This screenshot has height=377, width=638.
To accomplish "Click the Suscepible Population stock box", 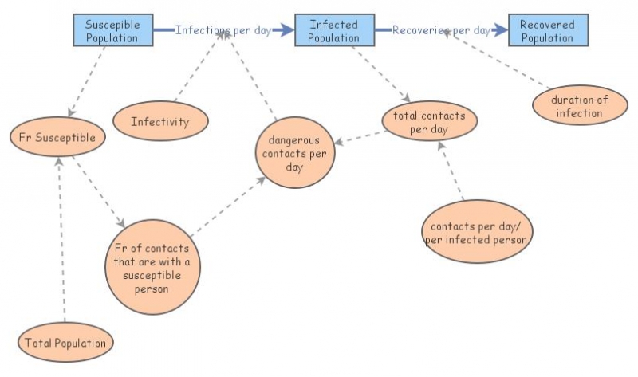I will coord(112,30).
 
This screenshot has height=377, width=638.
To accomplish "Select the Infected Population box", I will coord(334,30).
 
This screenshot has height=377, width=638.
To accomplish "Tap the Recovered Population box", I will coord(548,30).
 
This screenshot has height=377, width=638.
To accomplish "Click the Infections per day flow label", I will coord(223,30).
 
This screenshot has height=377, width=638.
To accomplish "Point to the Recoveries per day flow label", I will coord(441,30).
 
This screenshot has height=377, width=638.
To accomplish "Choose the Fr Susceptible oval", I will coord(57,137).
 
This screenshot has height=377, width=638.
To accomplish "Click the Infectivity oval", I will coord(160,122).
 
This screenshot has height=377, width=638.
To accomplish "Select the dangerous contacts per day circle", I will coord(294,151).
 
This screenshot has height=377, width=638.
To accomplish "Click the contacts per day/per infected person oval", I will coord(476,231).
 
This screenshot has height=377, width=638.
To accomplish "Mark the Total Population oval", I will coord(65,343).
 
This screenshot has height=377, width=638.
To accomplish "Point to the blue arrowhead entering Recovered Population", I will coord(501,30).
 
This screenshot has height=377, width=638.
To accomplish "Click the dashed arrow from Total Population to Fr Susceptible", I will coord(61,239).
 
